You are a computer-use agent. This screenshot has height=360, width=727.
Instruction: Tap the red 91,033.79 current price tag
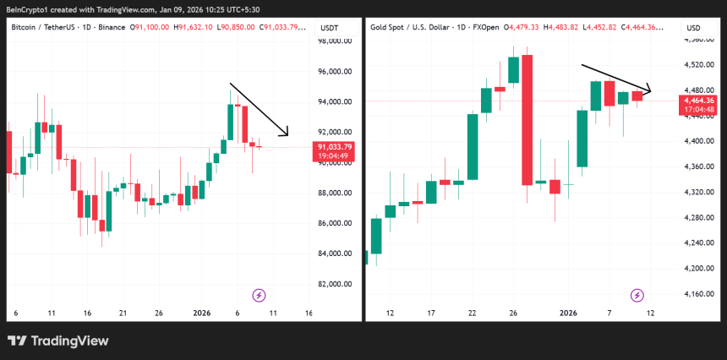pyautogui.click(x=334, y=147)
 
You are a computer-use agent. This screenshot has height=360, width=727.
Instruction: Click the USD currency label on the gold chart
pyautogui.click(x=693, y=28)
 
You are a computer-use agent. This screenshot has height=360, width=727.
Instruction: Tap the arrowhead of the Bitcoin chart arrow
pyautogui.click(x=287, y=133)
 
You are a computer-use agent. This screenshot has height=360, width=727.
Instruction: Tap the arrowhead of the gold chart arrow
pyautogui.click(x=649, y=90)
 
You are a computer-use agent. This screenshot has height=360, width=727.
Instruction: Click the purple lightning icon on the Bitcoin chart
pyautogui.click(x=259, y=295)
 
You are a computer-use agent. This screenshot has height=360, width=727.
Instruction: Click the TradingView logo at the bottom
pyautogui.click(x=58, y=341)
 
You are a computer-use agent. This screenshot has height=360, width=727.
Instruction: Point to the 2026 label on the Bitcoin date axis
pyautogui.click(x=202, y=314)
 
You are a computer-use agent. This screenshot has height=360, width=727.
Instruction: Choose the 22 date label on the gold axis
pyautogui.click(x=473, y=314)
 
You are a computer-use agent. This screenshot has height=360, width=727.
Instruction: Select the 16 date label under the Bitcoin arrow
pyautogui.click(x=309, y=314)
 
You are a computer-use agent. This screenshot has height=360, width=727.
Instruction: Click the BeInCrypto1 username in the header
pyautogui.click(x=25, y=9)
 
